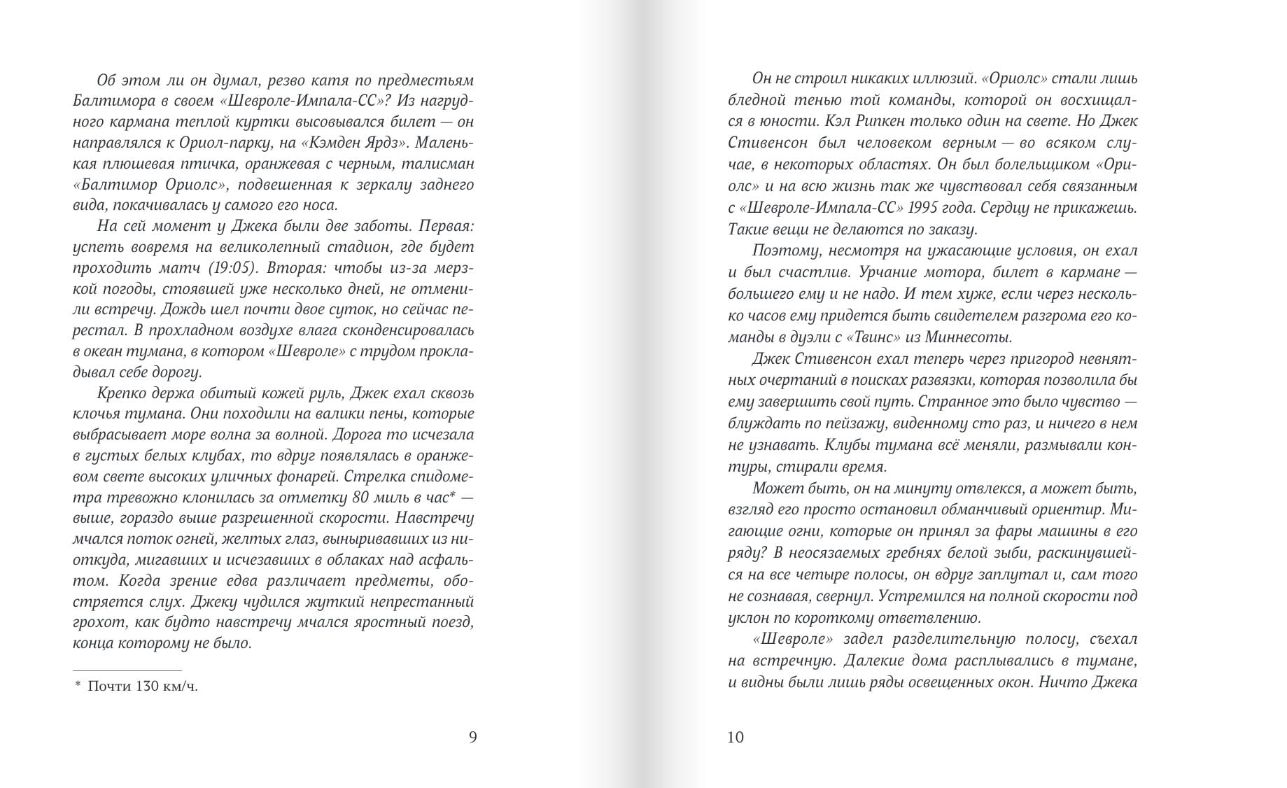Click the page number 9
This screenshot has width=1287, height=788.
click(472, 737)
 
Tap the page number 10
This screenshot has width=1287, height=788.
click(736, 737)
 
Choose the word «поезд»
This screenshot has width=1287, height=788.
click(451, 621)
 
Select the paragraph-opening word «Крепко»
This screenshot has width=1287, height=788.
click(122, 393)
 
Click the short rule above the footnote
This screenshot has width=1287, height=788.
click(127, 670)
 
